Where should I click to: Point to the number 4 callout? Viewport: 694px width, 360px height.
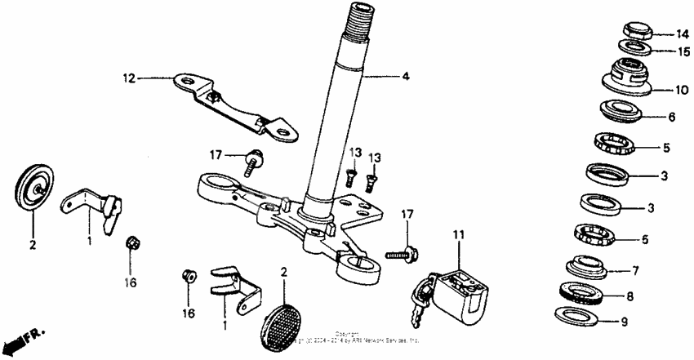(405, 78)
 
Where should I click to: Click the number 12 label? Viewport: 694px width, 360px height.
(128, 78)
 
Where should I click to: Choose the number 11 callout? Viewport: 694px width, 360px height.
(459, 236)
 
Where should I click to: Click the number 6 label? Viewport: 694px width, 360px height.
(671, 117)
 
